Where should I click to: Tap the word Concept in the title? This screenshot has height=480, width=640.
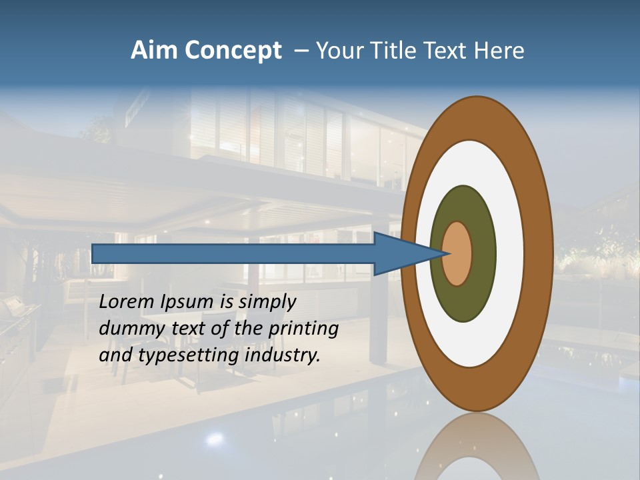tap(233, 51)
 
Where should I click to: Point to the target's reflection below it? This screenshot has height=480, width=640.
tap(477, 447)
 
